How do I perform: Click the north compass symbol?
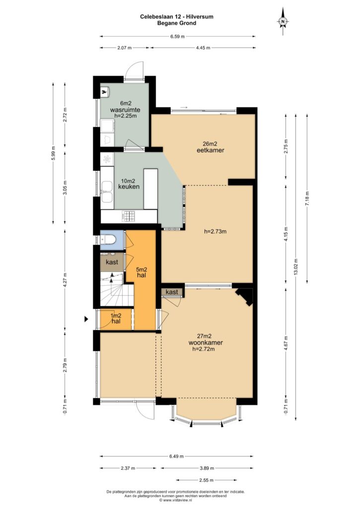(283, 21)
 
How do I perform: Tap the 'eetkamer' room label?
(211, 150)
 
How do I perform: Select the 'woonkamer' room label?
(206, 342)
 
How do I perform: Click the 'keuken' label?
(129, 187)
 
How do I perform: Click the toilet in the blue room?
(108, 240)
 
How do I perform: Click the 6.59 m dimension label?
(177, 37)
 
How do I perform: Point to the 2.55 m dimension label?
(206, 480)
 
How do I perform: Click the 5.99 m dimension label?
(54, 153)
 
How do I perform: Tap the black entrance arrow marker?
(86, 319)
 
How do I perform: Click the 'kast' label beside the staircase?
(112, 262)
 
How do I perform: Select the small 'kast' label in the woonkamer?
(172, 292)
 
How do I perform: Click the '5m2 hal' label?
(142, 272)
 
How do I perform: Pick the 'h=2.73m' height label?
(216, 231)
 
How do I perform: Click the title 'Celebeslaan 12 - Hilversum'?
(177, 16)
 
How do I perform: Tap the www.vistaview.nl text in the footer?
(176, 500)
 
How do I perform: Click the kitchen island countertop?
(150, 189)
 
